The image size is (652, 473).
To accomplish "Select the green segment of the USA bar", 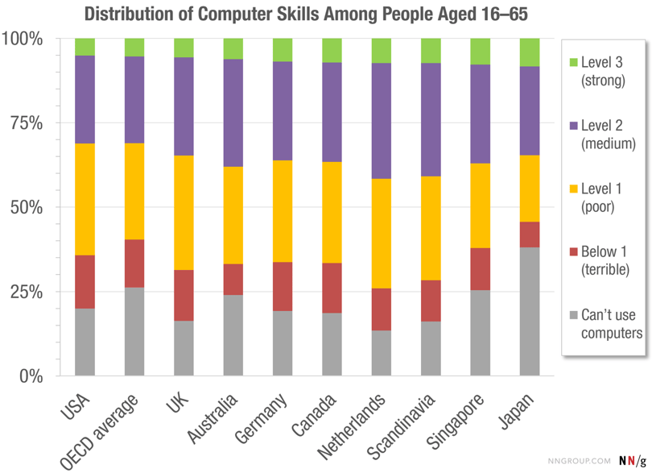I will coord(85,47).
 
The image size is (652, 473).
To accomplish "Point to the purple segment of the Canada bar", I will coord(332,112).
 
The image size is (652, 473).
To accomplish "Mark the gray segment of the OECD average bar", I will coord(134,331).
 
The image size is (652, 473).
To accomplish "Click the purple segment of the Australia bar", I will coord(233,113).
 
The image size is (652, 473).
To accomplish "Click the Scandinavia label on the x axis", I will coord(408,423).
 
